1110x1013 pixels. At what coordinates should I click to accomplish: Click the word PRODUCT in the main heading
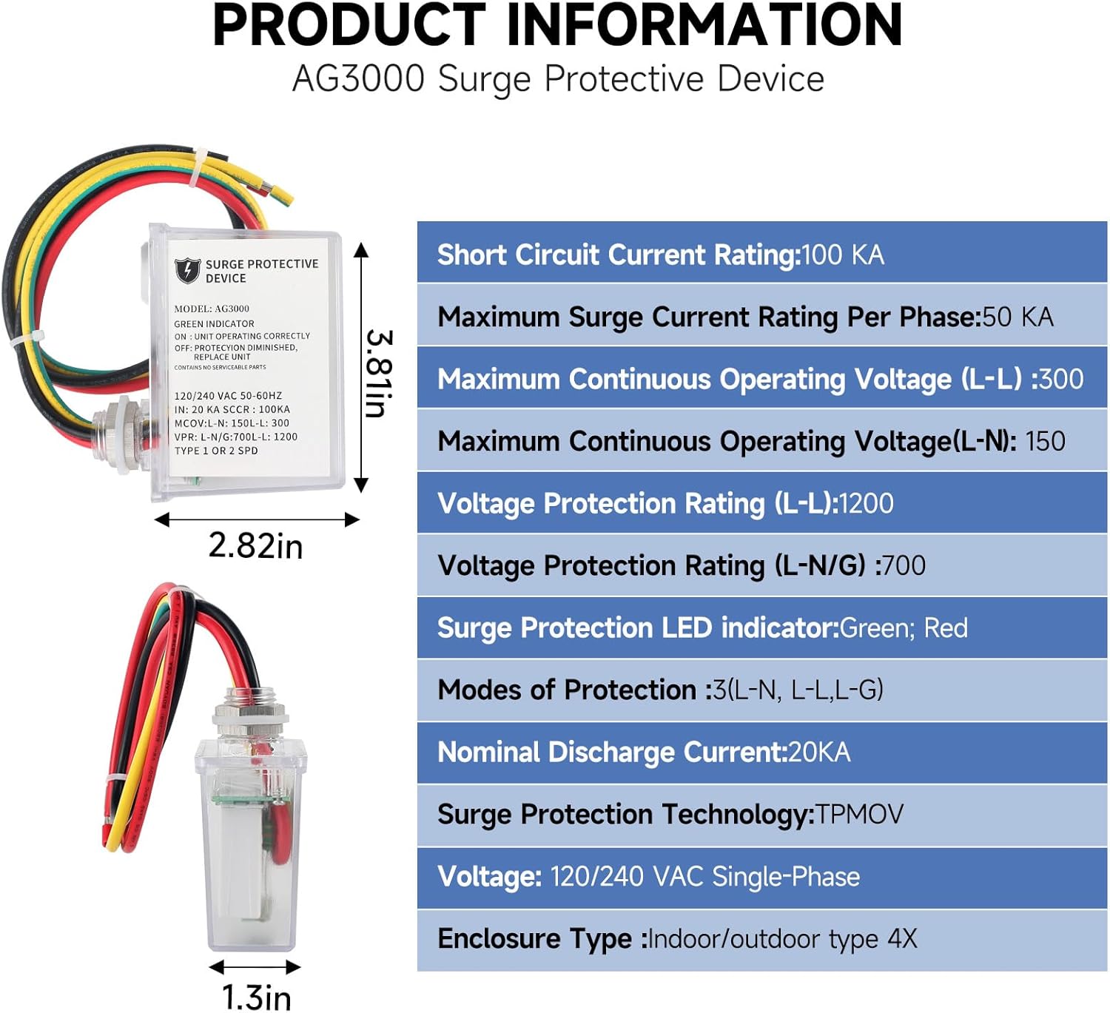[x=348, y=26]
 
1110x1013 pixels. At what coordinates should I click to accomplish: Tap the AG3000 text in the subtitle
[x=359, y=79]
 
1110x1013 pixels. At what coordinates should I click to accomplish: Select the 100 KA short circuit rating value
[x=843, y=255]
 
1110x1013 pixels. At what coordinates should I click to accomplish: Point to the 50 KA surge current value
[x=1017, y=317]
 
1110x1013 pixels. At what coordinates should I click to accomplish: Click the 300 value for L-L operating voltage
[x=1061, y=380]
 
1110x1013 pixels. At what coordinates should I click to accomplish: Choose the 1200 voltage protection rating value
[x=866, y=504]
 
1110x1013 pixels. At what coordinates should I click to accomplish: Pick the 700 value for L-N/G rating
[x=904, y=566]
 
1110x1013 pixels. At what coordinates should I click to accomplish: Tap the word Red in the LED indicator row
[x=946, y=628]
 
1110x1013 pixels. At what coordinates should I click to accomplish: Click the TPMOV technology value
[x=859, y=815]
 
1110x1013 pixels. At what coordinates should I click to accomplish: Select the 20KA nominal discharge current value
[x=819, y=753]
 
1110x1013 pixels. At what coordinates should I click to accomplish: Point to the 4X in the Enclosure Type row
[x=902, y=939]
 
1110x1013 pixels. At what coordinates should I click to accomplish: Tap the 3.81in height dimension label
[x=379, y=374]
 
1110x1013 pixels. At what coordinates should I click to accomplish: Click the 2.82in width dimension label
[x=255, y=546]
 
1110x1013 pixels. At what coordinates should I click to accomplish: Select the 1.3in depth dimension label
[x=256, y=997]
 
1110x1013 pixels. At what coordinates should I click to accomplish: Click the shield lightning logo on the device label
[x=187, y=270]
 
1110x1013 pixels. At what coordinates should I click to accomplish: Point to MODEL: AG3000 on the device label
[x=212, y=309]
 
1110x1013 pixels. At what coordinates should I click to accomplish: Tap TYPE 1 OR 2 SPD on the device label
[x=216, y=451]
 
